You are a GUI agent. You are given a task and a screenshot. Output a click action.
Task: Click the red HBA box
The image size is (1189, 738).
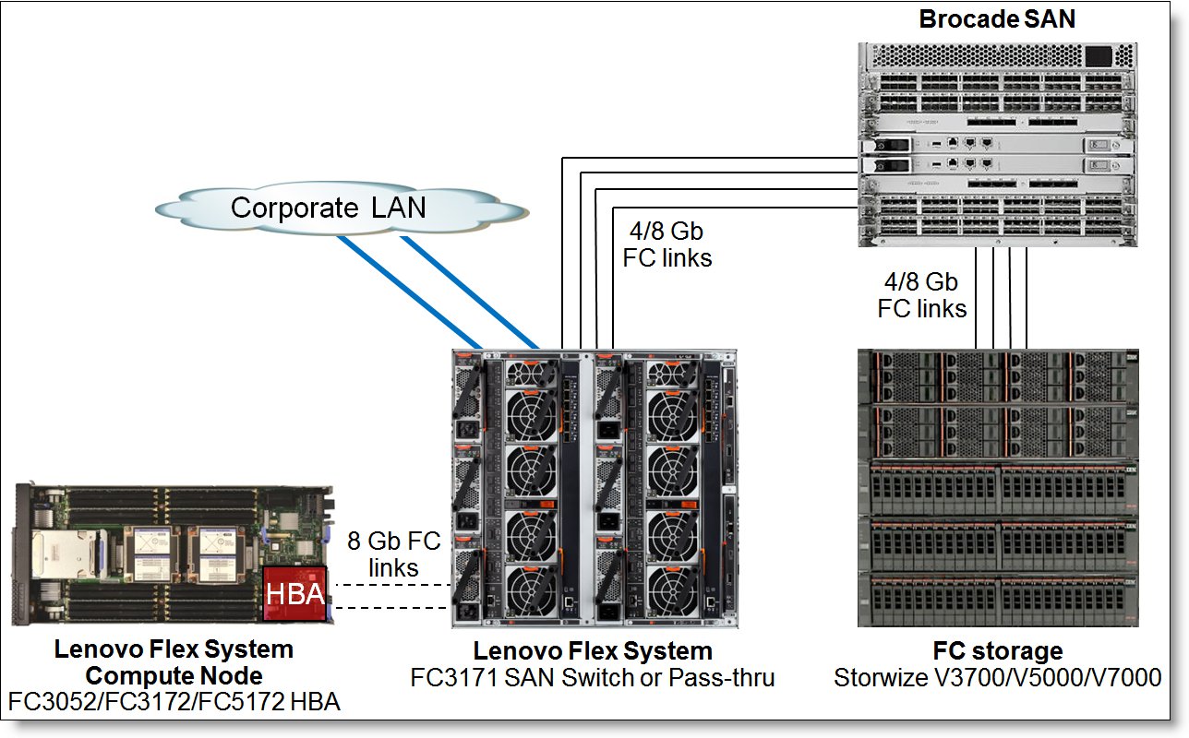(294, 594)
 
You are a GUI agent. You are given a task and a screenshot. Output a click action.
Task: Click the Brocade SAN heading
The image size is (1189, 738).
(997, 19)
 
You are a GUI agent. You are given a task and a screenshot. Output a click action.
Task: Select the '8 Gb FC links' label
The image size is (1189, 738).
(394, 553)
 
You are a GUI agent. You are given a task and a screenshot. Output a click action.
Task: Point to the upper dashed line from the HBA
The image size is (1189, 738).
(393, 585)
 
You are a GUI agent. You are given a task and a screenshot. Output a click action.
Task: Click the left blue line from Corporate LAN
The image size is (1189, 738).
(409, 292)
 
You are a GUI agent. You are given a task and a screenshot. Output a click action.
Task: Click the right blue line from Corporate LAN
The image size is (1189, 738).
(470, 292)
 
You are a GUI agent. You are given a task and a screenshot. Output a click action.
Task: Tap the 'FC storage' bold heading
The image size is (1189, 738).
(998, 651)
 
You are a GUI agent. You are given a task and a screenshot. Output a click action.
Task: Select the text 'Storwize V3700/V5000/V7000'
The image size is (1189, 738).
(997, 677)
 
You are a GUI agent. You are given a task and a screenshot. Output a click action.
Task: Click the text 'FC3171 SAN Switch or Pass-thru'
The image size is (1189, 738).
(593, 677)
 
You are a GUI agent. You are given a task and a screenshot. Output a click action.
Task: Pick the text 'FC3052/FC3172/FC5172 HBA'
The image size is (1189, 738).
(174, 701)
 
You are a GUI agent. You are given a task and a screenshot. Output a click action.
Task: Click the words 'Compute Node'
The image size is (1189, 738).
(174, 676)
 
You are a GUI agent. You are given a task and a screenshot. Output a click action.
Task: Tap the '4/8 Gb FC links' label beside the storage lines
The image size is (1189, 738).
(922, 295)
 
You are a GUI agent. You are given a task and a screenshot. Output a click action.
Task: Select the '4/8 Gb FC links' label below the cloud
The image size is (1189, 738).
(667, 244)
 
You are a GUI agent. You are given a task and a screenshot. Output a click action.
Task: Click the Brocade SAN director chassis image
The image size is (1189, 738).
(997, 144)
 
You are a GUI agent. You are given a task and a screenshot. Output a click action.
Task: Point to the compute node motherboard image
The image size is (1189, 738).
(174, 553)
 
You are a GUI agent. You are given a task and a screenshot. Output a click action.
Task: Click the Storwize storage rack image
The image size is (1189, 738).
(998, 488)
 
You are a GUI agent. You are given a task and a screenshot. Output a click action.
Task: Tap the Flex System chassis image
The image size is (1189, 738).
(594, 488)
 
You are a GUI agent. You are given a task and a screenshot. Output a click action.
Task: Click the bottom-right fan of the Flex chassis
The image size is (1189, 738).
(673, 590)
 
